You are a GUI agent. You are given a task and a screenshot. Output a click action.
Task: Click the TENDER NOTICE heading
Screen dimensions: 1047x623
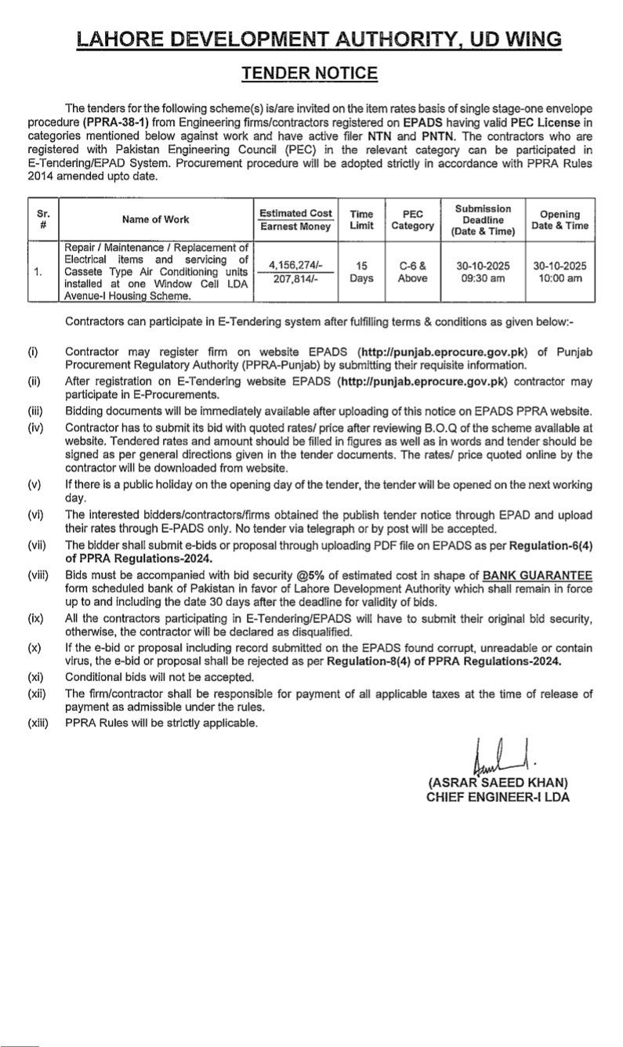point(310,74)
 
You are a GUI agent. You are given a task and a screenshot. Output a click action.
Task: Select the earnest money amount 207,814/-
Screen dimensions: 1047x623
point(296,279)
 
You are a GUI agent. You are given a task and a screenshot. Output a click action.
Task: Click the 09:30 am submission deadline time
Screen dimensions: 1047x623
point(484,279)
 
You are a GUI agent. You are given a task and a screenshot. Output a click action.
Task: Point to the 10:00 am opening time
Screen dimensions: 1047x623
point(560,279)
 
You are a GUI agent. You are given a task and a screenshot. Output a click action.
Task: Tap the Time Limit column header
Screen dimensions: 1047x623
point(361,219)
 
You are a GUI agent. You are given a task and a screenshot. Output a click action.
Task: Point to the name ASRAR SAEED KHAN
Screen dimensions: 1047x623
point(498,783)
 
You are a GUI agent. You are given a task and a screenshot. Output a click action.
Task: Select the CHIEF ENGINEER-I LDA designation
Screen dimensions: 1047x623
point(498,797)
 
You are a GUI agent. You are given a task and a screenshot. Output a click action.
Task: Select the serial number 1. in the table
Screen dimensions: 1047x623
point(38,272)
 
